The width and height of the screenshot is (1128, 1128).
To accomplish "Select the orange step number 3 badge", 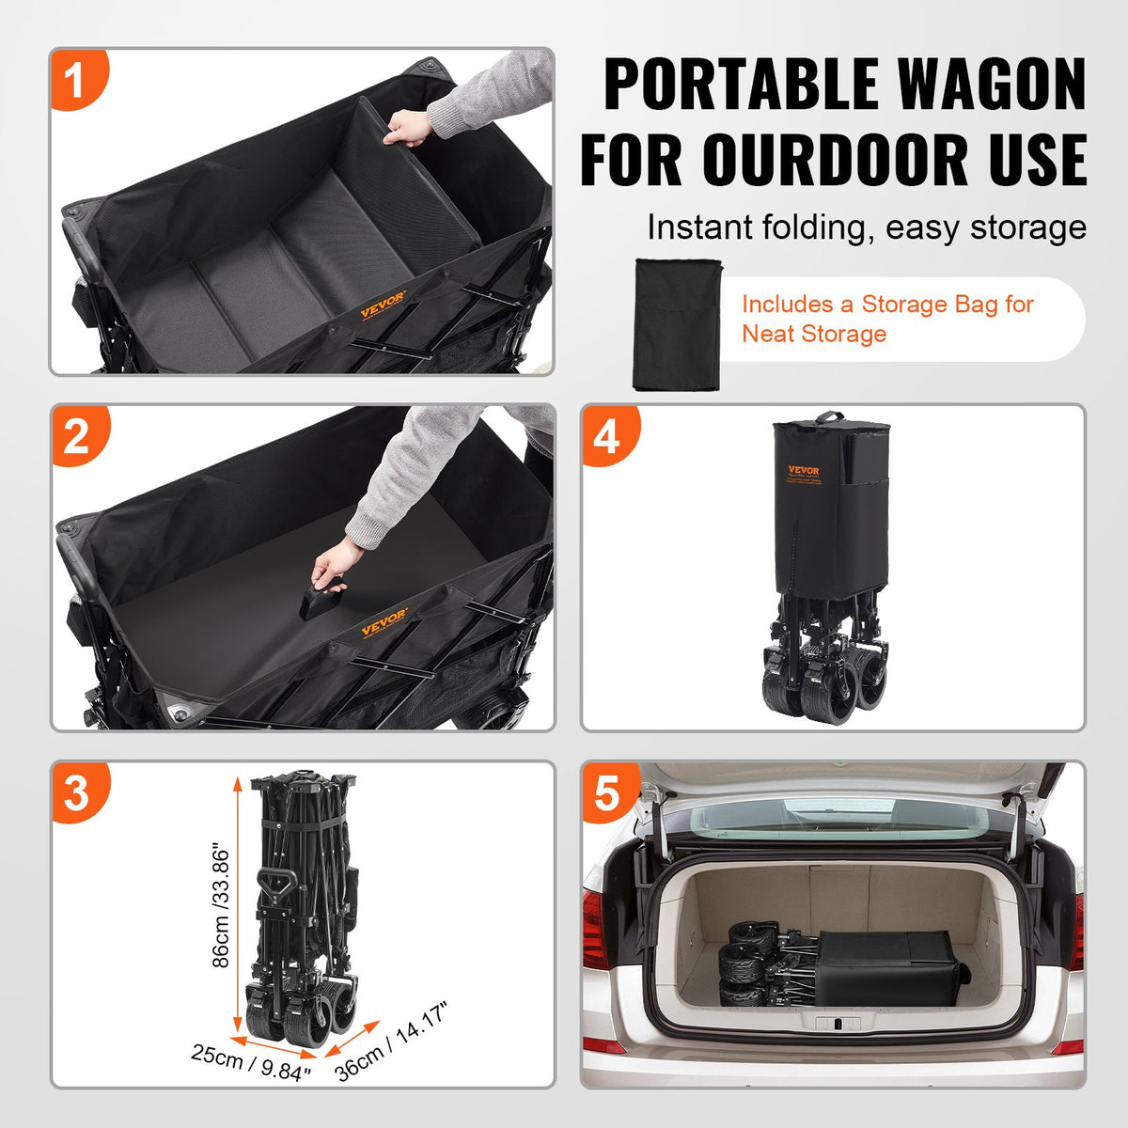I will pos(77,792).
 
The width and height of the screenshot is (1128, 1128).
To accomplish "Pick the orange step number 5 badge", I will pos(608,792).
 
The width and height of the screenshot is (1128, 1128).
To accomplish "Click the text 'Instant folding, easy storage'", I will pos(866,227).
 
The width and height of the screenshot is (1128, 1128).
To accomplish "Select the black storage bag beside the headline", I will pos(677,324).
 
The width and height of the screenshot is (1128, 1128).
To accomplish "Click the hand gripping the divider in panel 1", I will pos(407,128).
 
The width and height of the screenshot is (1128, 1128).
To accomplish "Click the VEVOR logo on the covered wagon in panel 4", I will pos(804,472).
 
